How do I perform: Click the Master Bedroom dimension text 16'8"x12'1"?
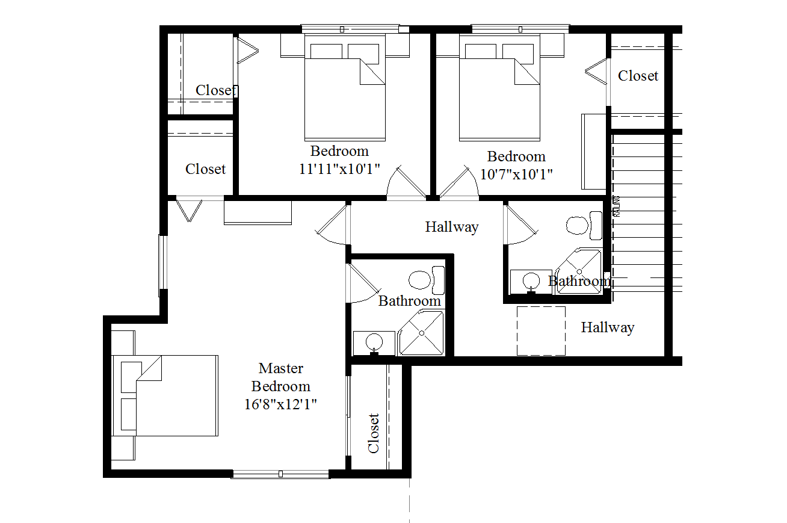point(280,404)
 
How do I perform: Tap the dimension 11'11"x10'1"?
point(339,169)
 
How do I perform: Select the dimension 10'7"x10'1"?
point(516,175)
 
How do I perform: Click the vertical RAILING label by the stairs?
point(617,206)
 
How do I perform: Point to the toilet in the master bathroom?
point(427,280)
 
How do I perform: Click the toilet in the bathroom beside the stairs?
point(584,225)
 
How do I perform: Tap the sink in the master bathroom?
point(374,342)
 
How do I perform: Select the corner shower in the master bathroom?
point(421,333)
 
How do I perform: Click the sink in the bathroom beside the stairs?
point(531,282)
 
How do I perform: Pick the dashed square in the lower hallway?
point(541,331)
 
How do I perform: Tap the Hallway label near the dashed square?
point(608,327)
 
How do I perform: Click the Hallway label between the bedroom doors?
point(452,227)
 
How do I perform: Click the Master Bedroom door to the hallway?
point(332,225)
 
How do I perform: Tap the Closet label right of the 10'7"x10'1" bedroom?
point(638,76)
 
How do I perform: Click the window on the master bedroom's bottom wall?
point(280,474)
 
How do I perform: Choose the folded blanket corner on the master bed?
point(149,368)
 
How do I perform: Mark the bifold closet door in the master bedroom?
point(190,211)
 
